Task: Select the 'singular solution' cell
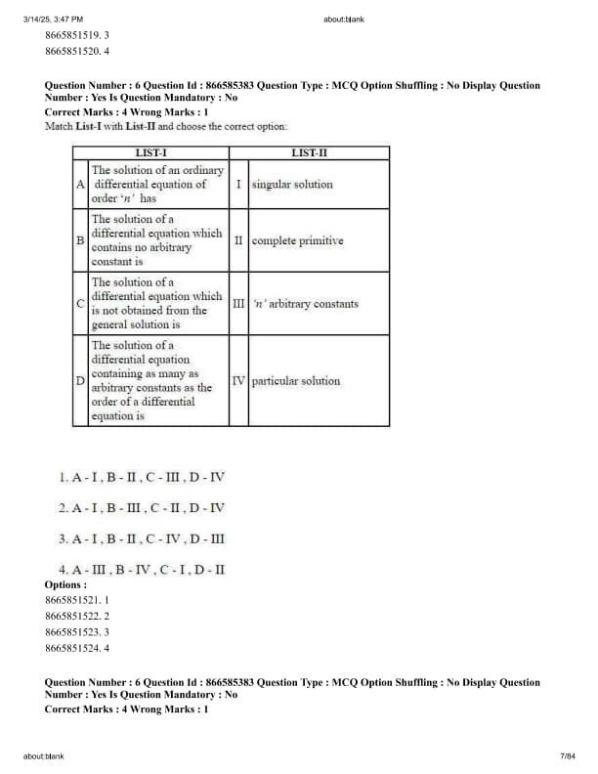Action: [x=292, y=184]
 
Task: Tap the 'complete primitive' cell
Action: [x=297, y=240]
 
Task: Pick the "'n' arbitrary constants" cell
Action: [x=305, y=304]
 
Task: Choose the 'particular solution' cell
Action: [x=295, y=381]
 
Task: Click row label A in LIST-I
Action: [x=79, y=184]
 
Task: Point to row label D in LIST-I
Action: [x=79, y=381]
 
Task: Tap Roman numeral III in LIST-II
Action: [x=238, y=304]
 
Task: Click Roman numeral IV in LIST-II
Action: [x=238, y=381]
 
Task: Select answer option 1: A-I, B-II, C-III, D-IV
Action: [x=141, y=477]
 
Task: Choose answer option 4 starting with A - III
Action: [x=141, y=568]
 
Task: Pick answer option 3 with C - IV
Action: [x=141, y=538]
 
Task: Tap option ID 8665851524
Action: [x=77, y=647]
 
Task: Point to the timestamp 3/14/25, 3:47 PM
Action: [x=53, y=19]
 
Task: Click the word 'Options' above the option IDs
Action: [x=65, y=584]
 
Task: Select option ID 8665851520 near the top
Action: [x=77, y=51]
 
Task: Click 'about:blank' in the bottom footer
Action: [x=44, y=755]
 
